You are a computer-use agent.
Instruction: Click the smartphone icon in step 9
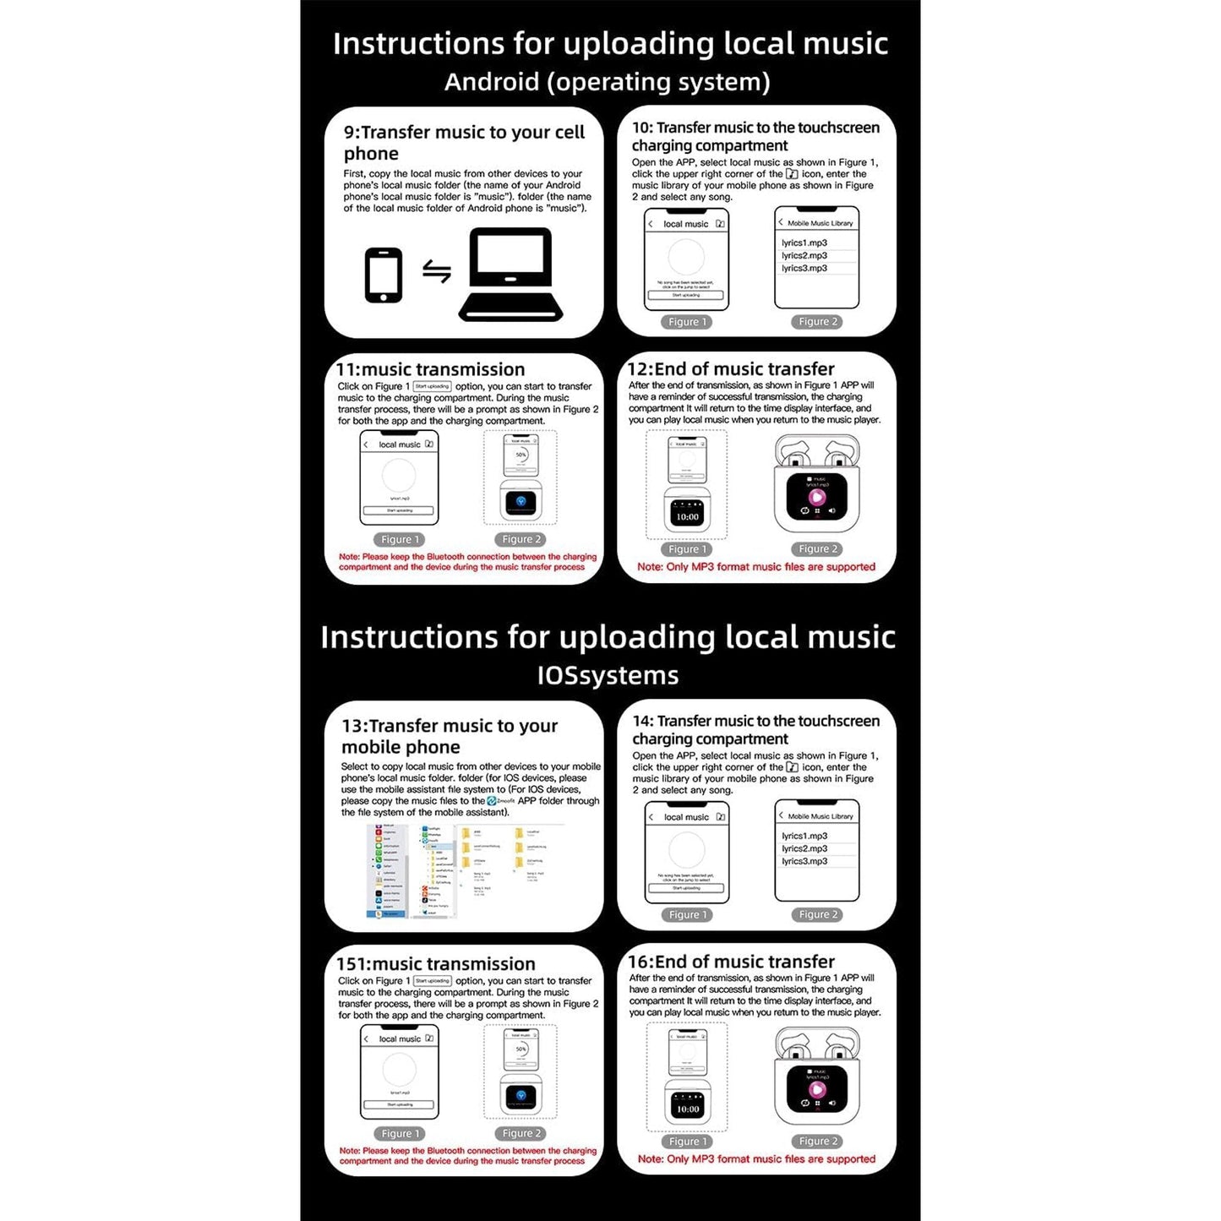383,275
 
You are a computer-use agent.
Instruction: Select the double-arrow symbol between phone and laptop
436,272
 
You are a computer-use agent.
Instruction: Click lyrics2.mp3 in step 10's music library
804,255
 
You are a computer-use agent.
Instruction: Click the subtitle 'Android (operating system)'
608,82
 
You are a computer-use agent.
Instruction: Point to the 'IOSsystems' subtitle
608,675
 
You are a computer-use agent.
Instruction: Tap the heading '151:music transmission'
435,964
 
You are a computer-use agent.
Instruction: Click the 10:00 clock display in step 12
687,516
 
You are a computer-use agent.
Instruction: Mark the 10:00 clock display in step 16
687,1109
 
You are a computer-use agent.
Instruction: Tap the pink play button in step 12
816,497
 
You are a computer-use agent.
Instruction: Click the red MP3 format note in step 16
756,1159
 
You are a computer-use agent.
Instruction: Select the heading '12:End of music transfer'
731,369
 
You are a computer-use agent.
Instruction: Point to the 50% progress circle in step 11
521,455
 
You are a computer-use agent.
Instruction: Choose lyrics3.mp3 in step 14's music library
804,861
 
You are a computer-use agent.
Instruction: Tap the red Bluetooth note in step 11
466,562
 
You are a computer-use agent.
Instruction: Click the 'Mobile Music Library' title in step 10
820,223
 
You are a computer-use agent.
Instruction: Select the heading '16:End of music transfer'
731,962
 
